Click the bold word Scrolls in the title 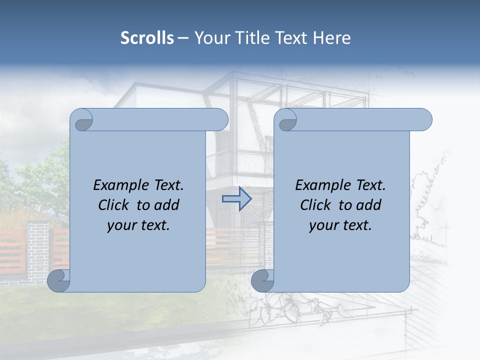pyautogui.click(x=147, y=38)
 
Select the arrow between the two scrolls pyautogui.click(x=236, y=199)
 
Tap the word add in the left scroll pyautogui.click(x=167, y=205)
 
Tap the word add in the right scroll pyautogui.click(x=369, y=205)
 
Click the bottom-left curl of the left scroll pyautogui.click(x=58, y=280)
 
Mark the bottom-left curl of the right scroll pyautogui.click(x=262, y=280)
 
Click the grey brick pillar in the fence pyautogui.click(x=38, y=250)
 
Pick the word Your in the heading pyautogui.click(x=209, y=38)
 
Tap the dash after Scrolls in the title pyautogui.click(x=183, y=38)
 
